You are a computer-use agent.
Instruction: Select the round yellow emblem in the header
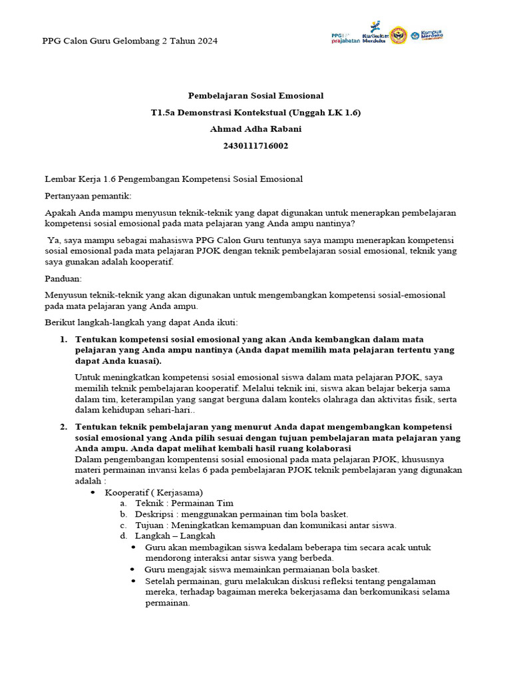(398, 35)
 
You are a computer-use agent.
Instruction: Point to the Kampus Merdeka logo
(427, 35)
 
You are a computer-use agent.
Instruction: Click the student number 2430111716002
(255, 147)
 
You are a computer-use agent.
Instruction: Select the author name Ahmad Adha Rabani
(255, 130)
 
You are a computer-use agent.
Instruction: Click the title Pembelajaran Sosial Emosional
(255, 96)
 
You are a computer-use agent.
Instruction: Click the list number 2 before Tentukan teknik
(64, 427)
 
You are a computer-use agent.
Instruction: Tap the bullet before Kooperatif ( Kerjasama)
(93, 492)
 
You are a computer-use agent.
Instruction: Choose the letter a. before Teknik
(124, 503)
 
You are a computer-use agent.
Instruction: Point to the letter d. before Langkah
(124, 535)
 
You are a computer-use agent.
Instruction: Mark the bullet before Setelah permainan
(134, 581)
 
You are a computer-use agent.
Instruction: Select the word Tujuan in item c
(150, 525)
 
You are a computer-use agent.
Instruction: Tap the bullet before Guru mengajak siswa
(134, 569)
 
